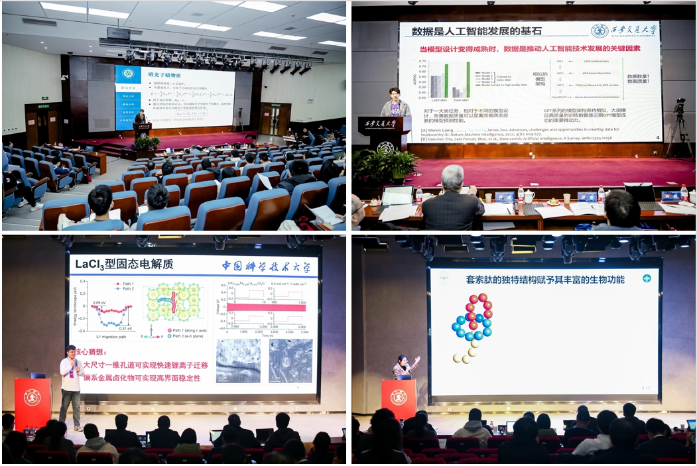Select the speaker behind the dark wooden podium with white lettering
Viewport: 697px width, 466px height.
pyautogui.click(x=395, y=103)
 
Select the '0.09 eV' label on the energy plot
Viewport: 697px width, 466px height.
pyautogui.click(x=100, y=303)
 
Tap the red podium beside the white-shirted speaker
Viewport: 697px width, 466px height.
pyautogui.click(x=32, y=403)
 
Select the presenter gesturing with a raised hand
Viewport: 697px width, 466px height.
pyautogui.click(x=403, y=366)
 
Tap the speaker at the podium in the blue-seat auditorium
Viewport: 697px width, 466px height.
pyautogui.click(x=141, y=118)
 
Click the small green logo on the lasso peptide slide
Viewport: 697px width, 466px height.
pyautogui.click(x=646, y=278)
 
